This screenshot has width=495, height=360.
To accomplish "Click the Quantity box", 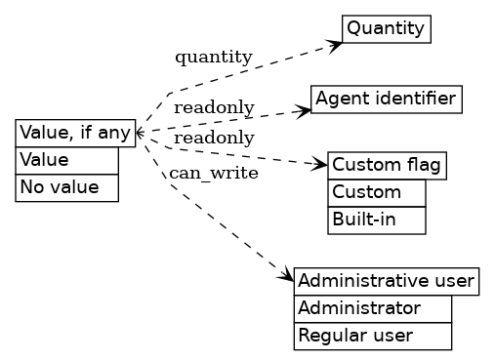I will (x=386, y=28).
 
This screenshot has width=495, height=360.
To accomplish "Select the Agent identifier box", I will (x=386, y=99).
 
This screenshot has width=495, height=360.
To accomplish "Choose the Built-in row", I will (x=376, y=220).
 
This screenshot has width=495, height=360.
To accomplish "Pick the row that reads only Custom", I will (x=376, y=193).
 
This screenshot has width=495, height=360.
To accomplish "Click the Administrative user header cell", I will (x=386, y=282).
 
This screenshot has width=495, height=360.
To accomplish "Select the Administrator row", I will (x=372, y=309).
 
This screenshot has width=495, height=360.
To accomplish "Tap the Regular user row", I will (x=372, y=337).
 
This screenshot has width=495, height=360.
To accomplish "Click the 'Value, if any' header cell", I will (x=75, y=133).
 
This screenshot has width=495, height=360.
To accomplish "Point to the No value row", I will (x=66, y=187).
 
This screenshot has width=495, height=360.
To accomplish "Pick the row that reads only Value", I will (x=66, y=160).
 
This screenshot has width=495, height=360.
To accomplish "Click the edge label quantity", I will (x=213, y=57).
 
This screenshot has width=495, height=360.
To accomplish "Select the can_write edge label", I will (x=214, y=174).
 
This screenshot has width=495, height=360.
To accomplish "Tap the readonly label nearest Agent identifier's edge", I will (x=214, y=107).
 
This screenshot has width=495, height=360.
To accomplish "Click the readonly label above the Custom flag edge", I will (x=214, y=139).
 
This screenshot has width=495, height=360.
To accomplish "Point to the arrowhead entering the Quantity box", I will (x=336, y=44).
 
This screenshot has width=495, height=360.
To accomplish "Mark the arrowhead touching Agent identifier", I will (x=305, y=109).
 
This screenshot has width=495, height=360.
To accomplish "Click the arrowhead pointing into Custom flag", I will (x=321, y=164).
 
